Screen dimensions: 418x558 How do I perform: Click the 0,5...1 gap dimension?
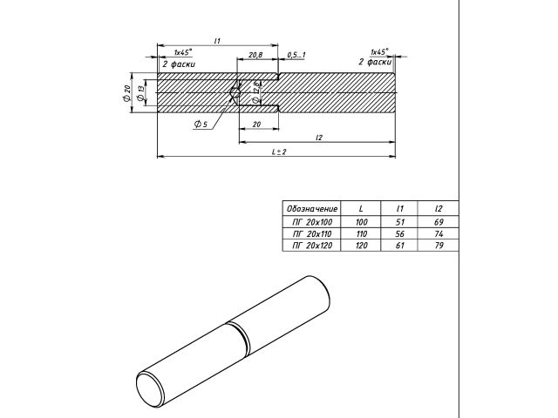296,56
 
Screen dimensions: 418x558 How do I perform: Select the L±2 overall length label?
278,152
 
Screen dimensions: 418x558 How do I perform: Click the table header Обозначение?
311,209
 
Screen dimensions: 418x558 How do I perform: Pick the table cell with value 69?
438,224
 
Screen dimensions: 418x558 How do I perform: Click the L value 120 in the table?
362,246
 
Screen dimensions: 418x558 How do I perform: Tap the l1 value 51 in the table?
399,224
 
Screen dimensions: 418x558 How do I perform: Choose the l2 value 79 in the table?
438,246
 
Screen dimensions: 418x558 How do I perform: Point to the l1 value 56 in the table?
399,235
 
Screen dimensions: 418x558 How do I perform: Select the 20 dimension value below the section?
256,125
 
